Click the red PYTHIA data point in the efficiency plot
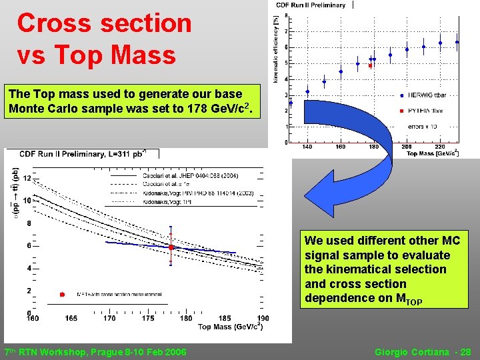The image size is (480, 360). click(370, 66)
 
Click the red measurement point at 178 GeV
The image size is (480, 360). click(171, 247)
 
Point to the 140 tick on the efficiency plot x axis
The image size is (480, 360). click(307, 147)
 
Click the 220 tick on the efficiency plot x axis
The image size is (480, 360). click(440, 147)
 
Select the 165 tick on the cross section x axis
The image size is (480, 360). click(71, 319)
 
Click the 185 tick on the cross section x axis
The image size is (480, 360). click(225, 319)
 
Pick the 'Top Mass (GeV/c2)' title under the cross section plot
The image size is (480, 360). click(229, 327)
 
